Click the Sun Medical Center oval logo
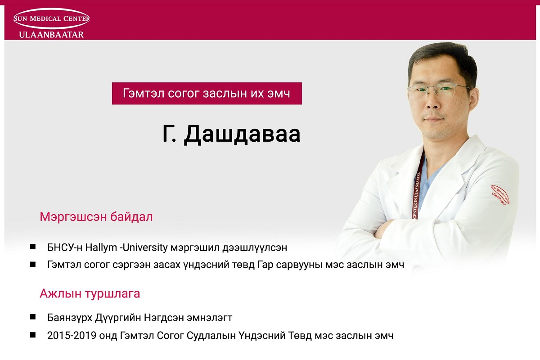(51, 18)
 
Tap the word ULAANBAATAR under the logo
(51, 35)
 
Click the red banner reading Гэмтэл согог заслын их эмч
(207, 93)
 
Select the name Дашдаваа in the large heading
(242, 134)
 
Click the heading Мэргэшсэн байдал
(96, 216)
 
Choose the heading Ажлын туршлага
(90, 293)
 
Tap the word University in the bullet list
(145, 247)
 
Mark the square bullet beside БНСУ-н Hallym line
(33, 247)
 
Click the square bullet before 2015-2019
(33, 335)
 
